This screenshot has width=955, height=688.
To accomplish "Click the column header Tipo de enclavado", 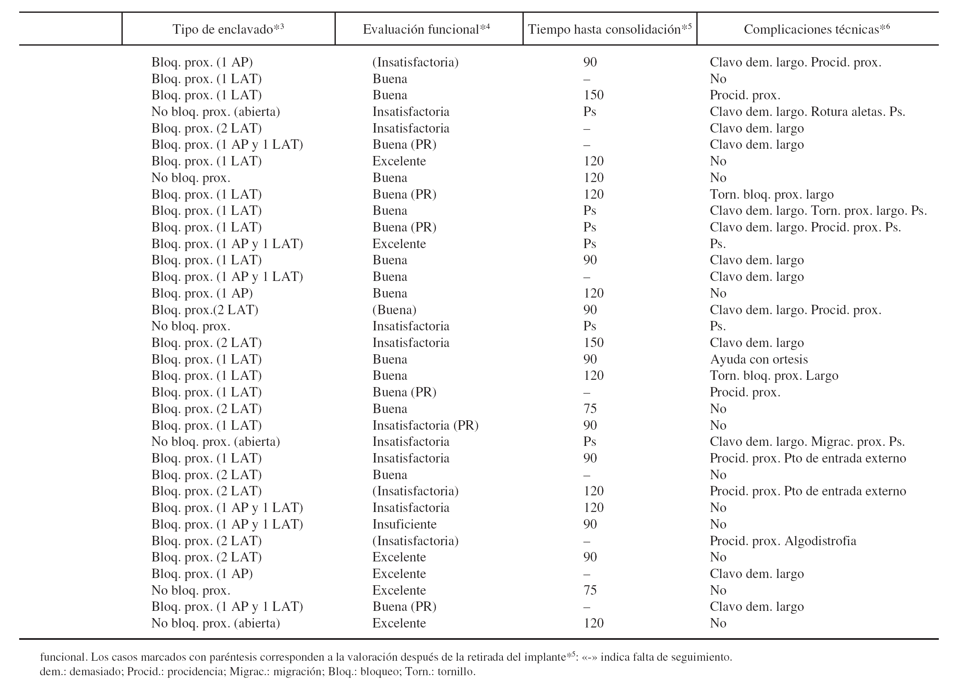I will click(228, 29).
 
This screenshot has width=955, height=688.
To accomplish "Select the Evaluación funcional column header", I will click(426, 29).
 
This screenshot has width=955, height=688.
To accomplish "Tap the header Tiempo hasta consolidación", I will click(609, 29).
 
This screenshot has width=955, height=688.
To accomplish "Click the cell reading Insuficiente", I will click(404, 524).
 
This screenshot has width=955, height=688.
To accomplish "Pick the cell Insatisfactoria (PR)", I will click(425, 425).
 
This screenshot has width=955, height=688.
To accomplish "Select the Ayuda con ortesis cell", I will click(759, 359).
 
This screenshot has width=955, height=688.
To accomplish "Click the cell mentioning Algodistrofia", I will click(783, 541).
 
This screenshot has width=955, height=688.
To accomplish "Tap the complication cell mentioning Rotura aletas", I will click(807, 112).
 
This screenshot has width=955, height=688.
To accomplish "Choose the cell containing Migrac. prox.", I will click(807, 442).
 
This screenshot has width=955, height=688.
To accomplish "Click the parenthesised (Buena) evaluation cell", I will click(394, 310).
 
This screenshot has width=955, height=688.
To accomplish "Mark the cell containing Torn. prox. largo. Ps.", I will click(818, 211).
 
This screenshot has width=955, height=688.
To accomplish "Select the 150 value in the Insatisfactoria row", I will click(593, 343).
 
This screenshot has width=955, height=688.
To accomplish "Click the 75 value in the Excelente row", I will click(590, 590).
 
